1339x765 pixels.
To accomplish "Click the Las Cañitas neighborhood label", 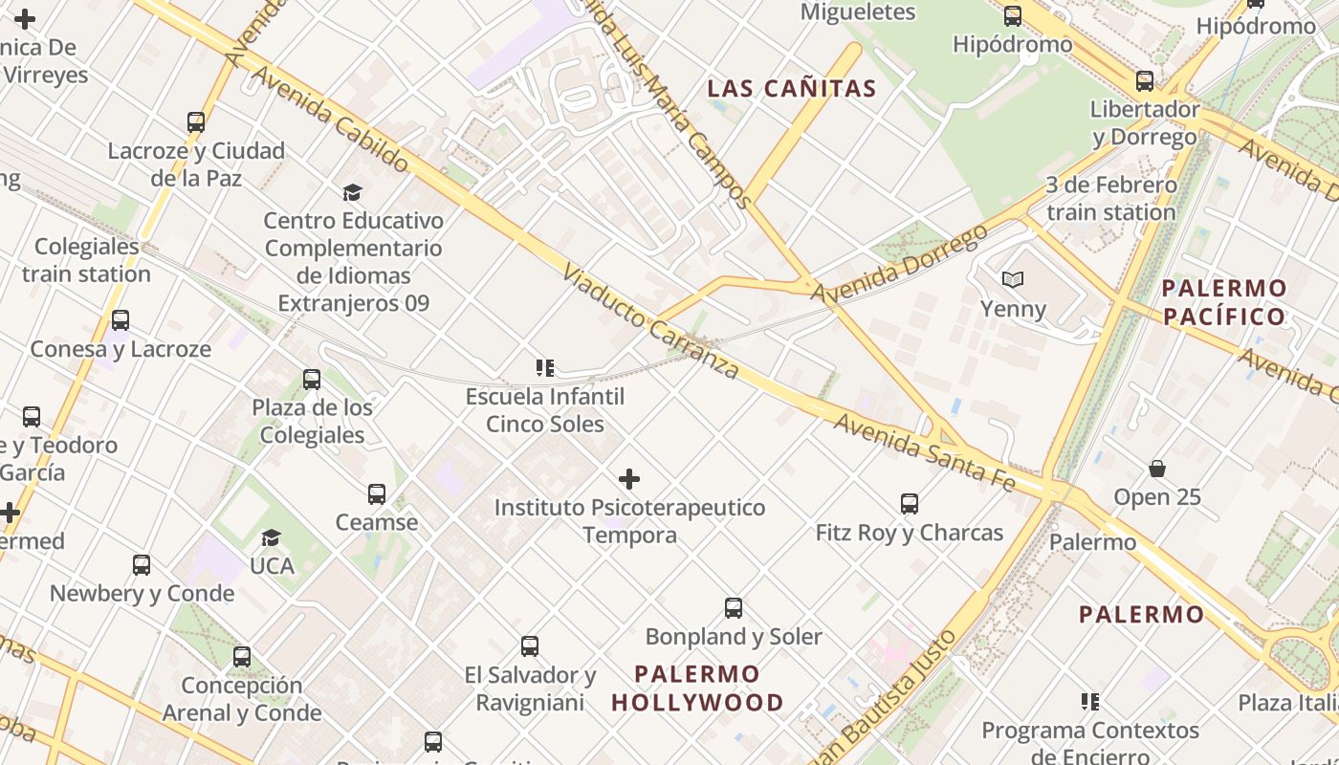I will click(x=791, y=89).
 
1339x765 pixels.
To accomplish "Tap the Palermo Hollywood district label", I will click(x=697, y=688).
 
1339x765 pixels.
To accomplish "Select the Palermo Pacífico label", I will click(x=1224, y=302).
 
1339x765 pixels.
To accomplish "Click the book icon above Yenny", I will click(x=1013, y=279).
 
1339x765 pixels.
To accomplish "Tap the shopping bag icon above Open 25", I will click(x=1157, y=469).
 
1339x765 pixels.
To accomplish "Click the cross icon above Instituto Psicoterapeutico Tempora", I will click(x=629, y=479).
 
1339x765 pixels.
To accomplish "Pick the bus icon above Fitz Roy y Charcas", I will click(x=910, y=504).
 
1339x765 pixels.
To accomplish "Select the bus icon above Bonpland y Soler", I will click(x=734, y=608).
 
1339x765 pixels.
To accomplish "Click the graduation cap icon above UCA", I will click(x=272, y=537).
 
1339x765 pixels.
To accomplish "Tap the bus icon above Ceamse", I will click(x=377, y=494).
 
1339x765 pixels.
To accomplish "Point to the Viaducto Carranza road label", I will click(x=650, y=321).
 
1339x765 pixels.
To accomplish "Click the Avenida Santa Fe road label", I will click(x=924, y=452).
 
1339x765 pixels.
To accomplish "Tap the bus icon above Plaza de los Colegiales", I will click(x=312, y=380).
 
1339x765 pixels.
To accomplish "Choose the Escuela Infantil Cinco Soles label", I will click(x=545, y=410).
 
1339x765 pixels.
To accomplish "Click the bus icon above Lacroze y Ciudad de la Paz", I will click(x=196, y=122).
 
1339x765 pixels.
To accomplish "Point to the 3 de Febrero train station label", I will click(x=1110, y=198).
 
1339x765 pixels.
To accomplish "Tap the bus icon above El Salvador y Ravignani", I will click(x=530, y=646).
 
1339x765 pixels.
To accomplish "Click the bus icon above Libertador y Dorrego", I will click(x=1145, y=81).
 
